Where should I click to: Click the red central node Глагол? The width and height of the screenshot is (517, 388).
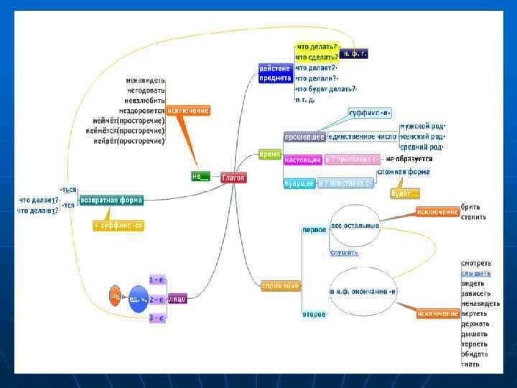click(x=233, y=177)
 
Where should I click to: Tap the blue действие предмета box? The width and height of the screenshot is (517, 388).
click(x=275, y=73)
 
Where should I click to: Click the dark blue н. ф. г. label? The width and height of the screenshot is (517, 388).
click(x=354, y=53)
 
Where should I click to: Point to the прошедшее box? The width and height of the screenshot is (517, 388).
click(x=304, y=136)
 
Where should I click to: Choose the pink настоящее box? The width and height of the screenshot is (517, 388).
click(x=303, y=159)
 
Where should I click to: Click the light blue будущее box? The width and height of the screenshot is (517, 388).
click(x=299, y=184)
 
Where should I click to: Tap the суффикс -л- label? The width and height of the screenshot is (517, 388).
click(x=369, y=114)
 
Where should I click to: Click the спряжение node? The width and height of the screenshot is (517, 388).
click(x=281, y=286)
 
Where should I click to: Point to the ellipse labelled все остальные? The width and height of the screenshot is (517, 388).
click(x=355, y=226)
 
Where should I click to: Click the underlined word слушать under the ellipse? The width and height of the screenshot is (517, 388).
click(x=344, y=252)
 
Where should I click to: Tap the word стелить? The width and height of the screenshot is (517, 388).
click(x=474, y=217)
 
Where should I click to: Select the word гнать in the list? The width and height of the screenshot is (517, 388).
click(x=471, y=364)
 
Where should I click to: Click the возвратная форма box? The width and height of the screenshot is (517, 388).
click(x=111, y=200)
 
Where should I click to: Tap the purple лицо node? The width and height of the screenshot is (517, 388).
click(x=177, y=298)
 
